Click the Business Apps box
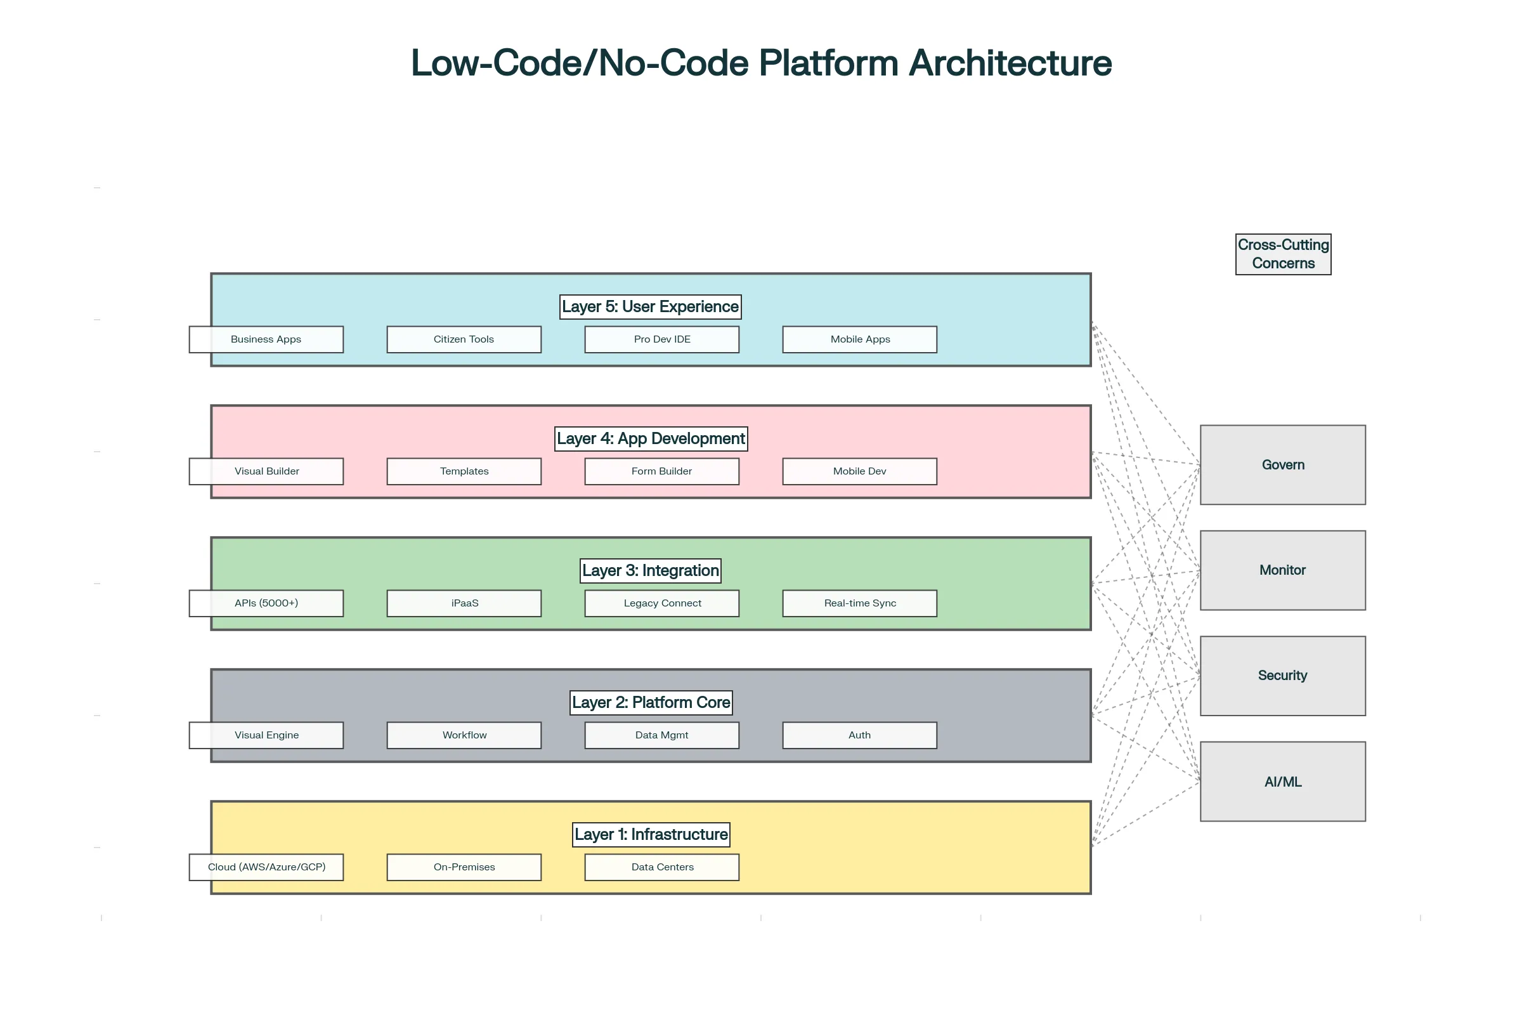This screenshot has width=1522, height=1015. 266,339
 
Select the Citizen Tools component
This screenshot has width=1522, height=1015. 464,339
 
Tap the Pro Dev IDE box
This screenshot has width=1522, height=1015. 662,339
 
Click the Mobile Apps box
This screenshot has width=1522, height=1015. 859,339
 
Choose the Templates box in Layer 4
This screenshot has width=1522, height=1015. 464,471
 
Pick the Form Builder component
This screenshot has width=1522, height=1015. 662,471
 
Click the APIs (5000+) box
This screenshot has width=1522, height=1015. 266,603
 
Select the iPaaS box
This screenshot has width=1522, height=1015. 464,603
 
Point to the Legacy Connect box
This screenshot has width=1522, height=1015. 662,603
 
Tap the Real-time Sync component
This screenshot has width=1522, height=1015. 859,603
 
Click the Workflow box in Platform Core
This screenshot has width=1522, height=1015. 464,735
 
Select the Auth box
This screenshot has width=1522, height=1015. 859,735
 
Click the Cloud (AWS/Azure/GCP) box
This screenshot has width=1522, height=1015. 266,867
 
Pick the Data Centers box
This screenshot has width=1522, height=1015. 662,867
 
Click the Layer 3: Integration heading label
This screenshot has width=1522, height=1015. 651,571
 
